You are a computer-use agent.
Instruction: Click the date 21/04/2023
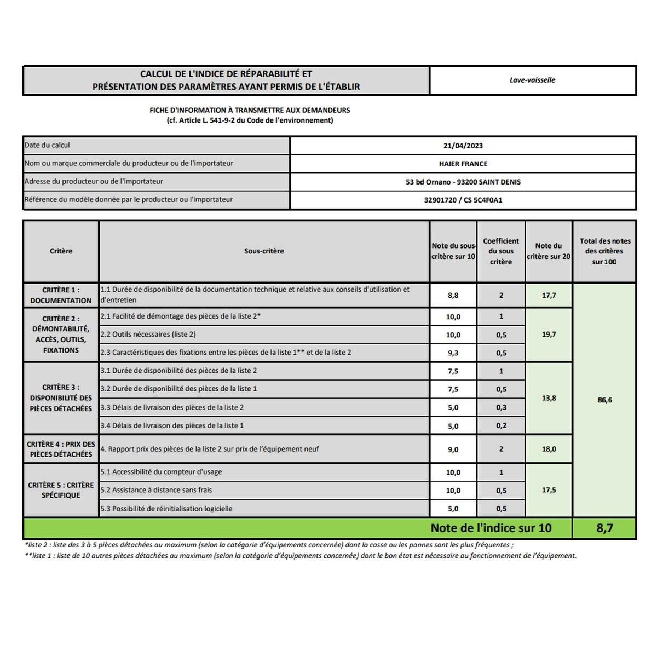463,146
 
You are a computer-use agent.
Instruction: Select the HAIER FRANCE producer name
463,164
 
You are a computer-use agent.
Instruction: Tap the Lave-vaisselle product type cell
532,80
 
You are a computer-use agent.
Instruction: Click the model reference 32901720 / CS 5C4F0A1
463,200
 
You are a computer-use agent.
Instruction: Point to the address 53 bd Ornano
463,182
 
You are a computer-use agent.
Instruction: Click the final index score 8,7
604,528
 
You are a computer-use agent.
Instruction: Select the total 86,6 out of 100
604,400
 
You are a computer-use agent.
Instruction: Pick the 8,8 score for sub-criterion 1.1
453,295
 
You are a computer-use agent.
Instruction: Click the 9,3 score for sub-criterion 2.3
453,353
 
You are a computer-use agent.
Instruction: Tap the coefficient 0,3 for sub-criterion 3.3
501,407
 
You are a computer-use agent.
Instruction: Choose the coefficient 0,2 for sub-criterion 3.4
501,425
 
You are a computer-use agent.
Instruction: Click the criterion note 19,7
549,334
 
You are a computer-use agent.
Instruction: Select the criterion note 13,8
549,398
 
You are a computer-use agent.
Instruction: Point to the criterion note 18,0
549,449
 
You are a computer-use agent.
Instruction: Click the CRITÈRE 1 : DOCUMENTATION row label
61,295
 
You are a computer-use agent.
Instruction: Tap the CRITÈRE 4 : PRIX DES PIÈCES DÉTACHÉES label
61,449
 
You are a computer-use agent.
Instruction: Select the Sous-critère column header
264,251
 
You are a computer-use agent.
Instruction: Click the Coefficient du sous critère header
501,251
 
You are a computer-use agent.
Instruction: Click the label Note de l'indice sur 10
491,528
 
